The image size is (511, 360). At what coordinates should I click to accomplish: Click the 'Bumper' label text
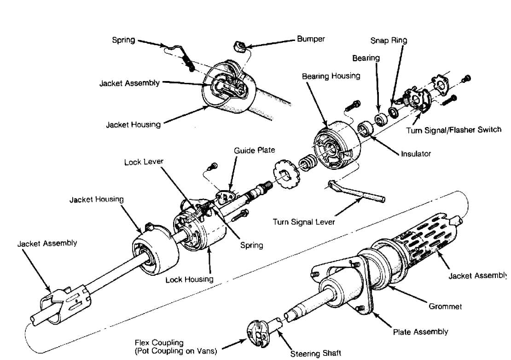click(311, 39)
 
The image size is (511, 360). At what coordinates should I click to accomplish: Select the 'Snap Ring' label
click(389, 41)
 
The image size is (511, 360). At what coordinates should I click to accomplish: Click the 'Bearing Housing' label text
click(331, 76)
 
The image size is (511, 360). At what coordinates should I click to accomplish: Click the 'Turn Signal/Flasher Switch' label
click(453, 130)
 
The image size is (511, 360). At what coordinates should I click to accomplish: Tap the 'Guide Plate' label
click(254, 151)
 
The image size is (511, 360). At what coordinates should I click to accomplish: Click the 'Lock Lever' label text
click(144, 162)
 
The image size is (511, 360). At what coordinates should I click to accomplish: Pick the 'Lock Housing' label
click(190, 279)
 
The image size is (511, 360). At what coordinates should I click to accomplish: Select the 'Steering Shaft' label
click(316, 353)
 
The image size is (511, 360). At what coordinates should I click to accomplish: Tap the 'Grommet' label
click(445, 306)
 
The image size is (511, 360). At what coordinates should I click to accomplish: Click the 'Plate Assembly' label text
click(420, 331)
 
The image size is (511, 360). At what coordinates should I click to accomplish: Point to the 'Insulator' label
click(416, 154)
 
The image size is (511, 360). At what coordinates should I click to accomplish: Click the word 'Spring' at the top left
click(123, 40)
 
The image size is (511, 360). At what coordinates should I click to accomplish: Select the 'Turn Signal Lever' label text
click(303, 222)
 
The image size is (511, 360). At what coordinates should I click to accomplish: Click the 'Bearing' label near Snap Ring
click(366, 58)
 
